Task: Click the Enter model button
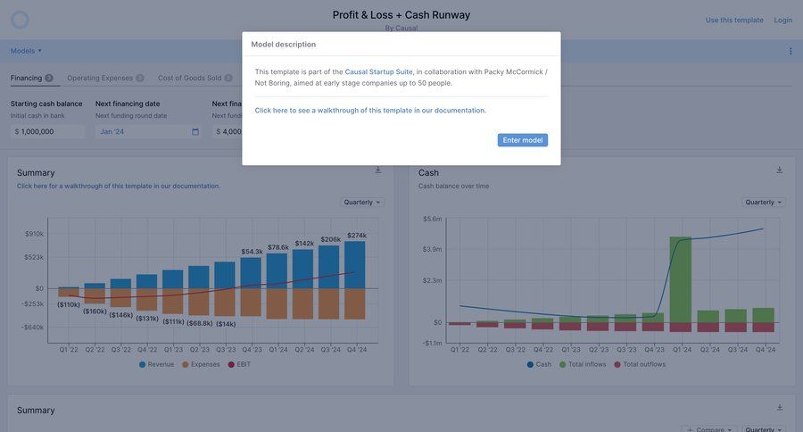tap(522, 140)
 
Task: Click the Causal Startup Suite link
tap(378, 71)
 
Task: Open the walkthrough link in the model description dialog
tap(370, 111)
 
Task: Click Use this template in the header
tap(734, 20)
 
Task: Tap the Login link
tap(782, 20)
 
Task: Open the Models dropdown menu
tap(26, 51)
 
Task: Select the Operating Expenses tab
tap(100, 79)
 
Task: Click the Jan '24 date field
tap(148, 131)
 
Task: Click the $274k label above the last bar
tap(356, 236)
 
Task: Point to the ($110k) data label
tap(69, 304)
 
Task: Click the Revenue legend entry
tap(156, 364)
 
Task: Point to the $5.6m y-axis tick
tap(432, 219)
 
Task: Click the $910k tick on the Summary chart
tap(34, 234)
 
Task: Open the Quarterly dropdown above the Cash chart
tap(763, 203)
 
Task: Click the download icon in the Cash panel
tap(779, 170)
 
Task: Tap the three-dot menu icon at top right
tap(791, 51)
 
